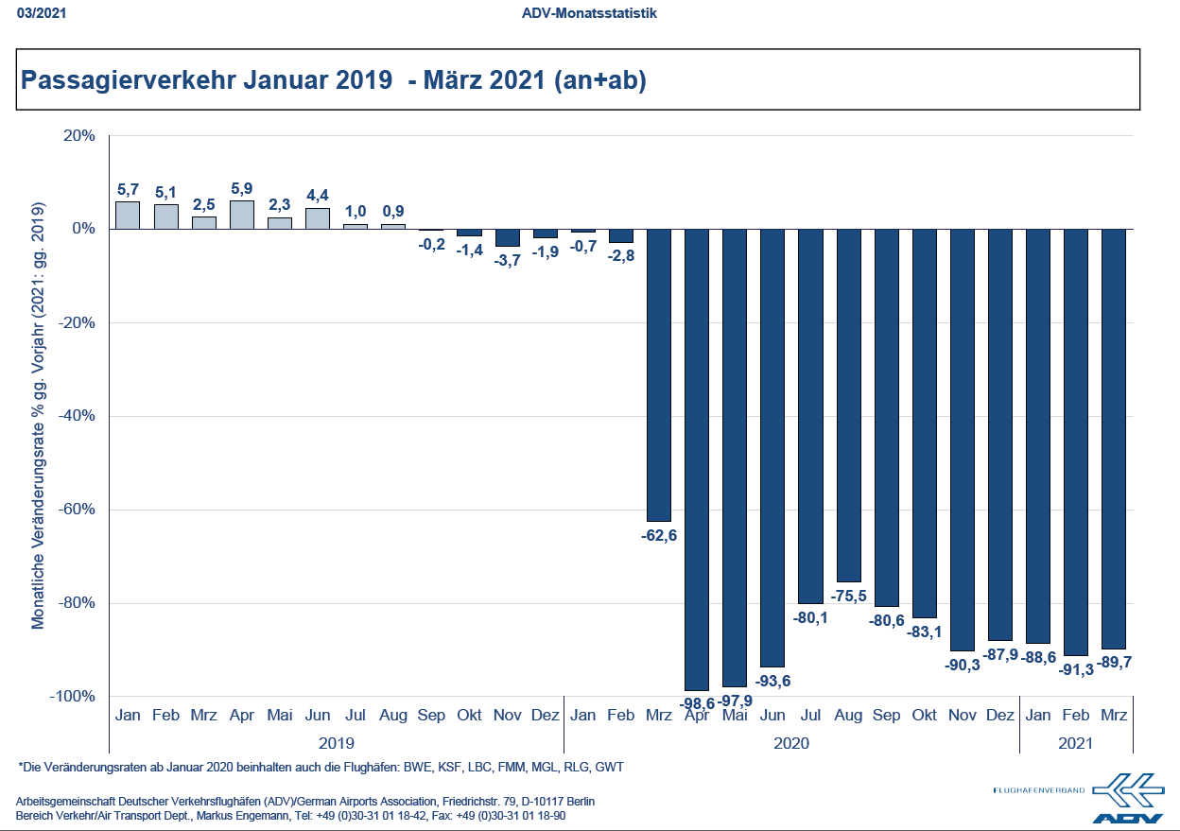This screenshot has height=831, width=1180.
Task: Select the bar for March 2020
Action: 658,374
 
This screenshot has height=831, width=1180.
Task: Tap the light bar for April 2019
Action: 242,215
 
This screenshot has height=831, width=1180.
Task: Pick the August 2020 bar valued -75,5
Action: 848,405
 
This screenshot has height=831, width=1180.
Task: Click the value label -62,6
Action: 659,535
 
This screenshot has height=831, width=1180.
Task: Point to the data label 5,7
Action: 128,189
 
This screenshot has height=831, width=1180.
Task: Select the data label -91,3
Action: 1076,669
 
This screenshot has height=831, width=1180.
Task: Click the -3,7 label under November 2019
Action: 508,260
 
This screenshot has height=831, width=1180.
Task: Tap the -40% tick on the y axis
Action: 77,416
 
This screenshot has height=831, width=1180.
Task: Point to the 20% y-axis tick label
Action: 79,135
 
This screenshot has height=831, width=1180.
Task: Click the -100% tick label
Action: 73,697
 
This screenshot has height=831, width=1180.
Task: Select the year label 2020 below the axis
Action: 791,743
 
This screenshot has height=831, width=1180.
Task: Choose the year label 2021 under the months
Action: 1076,743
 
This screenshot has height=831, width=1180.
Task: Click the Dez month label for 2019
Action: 546,716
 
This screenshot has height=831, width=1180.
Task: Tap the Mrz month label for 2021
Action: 1114,716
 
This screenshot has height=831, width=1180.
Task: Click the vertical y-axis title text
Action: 39,416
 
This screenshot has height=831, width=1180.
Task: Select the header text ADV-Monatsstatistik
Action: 589,13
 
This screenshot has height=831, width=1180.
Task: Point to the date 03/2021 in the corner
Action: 36,13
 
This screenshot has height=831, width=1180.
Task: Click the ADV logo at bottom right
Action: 1127,797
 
